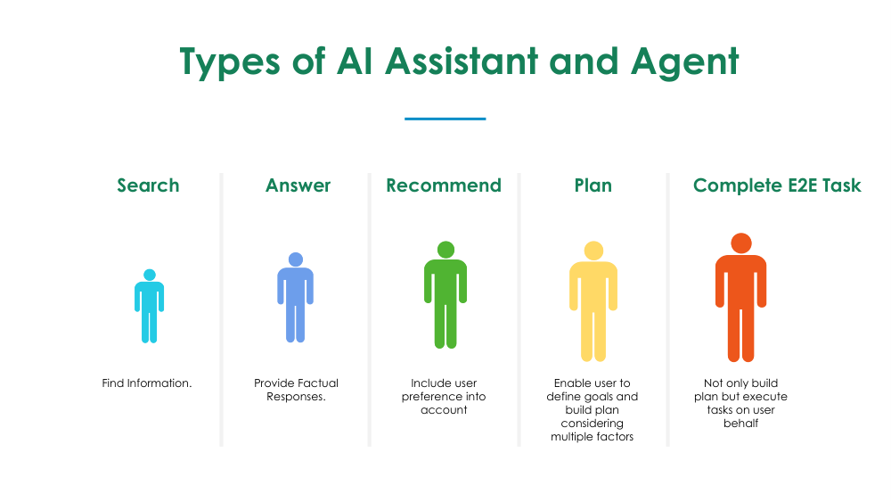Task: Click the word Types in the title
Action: point(230,62)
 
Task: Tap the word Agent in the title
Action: point(684,62)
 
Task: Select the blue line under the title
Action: point(445,119)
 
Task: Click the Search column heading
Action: point(148,185)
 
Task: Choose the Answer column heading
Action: point(298,185)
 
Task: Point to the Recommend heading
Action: point(444,185)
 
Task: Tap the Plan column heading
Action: point(593,185)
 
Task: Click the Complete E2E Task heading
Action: point(777,185)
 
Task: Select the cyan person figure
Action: point(150,306)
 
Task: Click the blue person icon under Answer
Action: point(296,297)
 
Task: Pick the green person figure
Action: point(445,294)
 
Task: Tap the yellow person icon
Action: point(593,301)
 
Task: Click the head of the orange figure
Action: point(741,243)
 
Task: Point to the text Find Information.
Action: point(147,383)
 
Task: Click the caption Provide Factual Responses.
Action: point(296,390)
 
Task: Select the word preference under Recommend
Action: point(430,397)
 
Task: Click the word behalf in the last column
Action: point(741,423)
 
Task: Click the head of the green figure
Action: point(446,250)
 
